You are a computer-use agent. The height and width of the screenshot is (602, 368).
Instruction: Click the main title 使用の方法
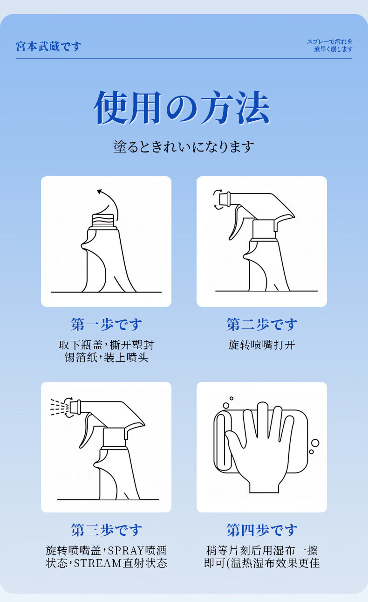[x=182, y=108]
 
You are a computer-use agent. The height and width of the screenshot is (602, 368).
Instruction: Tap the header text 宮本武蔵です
[x=48, y=46]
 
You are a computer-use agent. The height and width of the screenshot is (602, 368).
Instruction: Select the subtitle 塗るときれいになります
[x=184, y=147]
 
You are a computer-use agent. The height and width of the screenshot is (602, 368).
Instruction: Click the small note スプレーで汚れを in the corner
[x=330, y=42]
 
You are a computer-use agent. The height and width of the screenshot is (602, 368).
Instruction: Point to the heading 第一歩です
[x=106, y=324]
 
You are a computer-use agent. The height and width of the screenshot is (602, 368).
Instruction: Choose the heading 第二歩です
[x=262, y=324]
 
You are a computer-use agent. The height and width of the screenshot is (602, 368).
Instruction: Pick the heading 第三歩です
[x=106, y=530]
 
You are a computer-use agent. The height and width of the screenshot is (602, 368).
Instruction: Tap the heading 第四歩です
[x=262, y=530]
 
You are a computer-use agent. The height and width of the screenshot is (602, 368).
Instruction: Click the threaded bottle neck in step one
[x=104, y=221]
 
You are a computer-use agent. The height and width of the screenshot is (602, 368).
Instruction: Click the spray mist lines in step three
[x=59, y=407]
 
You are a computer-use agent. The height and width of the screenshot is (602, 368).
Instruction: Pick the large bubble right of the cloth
[x=315, y=443]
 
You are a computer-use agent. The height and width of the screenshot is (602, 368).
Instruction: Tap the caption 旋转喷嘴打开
[x=262, y=345]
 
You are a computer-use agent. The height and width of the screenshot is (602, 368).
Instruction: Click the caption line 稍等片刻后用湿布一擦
[x=262, y=550]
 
